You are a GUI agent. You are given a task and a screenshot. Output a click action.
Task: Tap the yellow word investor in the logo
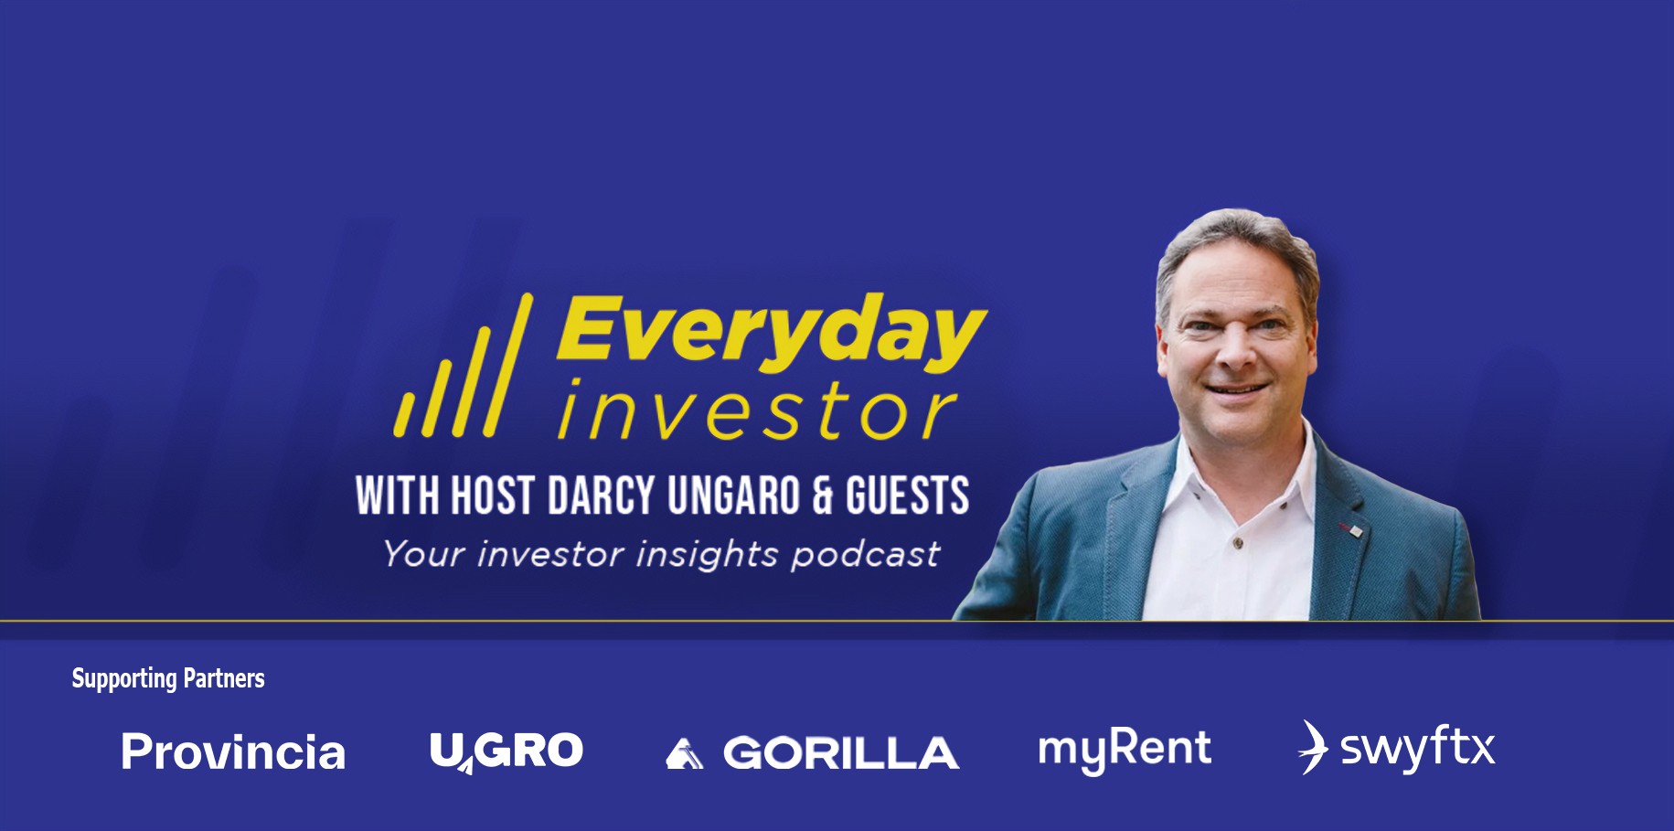pyautogui.click(x=757, y=410)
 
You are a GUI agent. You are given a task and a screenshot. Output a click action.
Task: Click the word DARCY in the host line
pyautogui.click(x=602, y=495)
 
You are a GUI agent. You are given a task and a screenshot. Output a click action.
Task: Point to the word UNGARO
pyautogui.click(x=734, y=495)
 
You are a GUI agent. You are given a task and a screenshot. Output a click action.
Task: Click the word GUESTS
pyautogui.click(x=907, y=495)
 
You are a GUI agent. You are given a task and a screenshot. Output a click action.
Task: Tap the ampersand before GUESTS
pyautogui.click(x=823, y=495)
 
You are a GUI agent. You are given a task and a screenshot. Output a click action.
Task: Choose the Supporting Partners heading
pyautogui.click(x=168, y=678)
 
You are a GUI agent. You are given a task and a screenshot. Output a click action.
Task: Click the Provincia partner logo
pyautogui.click(x=233, y=751)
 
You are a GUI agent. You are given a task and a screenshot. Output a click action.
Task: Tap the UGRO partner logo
pyautogui.click(x=506, y=751)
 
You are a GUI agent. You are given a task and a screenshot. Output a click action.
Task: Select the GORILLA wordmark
pyautogui.click(x=841, y=753)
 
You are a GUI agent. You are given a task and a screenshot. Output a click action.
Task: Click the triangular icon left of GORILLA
pyautogui.click(x=685, y=754)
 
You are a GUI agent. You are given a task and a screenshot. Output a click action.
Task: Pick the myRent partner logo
pyautogui.click(x=1125, y=750)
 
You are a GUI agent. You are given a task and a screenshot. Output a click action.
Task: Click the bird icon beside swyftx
pyautogui.click(x=1314, y=747)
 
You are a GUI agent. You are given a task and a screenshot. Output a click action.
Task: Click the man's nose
pyautogui.click(x=1236, y=352)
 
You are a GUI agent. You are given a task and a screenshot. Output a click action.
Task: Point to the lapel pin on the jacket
pyautogui.click(x=1350, y=529)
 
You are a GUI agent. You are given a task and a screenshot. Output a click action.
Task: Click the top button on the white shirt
pyautogui.click(x=1239, y=543)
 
